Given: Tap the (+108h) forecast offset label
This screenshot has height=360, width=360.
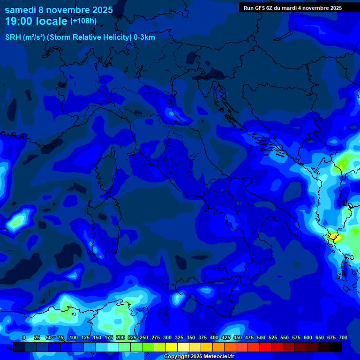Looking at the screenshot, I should point(83,21).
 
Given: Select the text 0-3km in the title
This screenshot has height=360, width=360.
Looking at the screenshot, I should point(144,37).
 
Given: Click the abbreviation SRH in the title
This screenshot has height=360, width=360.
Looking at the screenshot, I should point(13,37).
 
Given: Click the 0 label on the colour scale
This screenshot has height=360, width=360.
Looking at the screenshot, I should point(24,338).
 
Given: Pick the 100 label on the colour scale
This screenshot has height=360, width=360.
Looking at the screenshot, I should point(73,338).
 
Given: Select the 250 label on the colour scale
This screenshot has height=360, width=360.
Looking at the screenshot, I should point(143,338).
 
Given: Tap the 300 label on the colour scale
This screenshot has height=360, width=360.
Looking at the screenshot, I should point(167,338).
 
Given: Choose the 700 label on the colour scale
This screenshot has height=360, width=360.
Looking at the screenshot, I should point(343,338).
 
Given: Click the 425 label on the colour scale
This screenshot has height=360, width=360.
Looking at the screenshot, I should point(226,338).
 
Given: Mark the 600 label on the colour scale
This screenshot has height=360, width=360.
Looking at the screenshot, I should point(308,338).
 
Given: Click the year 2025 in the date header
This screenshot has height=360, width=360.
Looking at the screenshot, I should point(102,10).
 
